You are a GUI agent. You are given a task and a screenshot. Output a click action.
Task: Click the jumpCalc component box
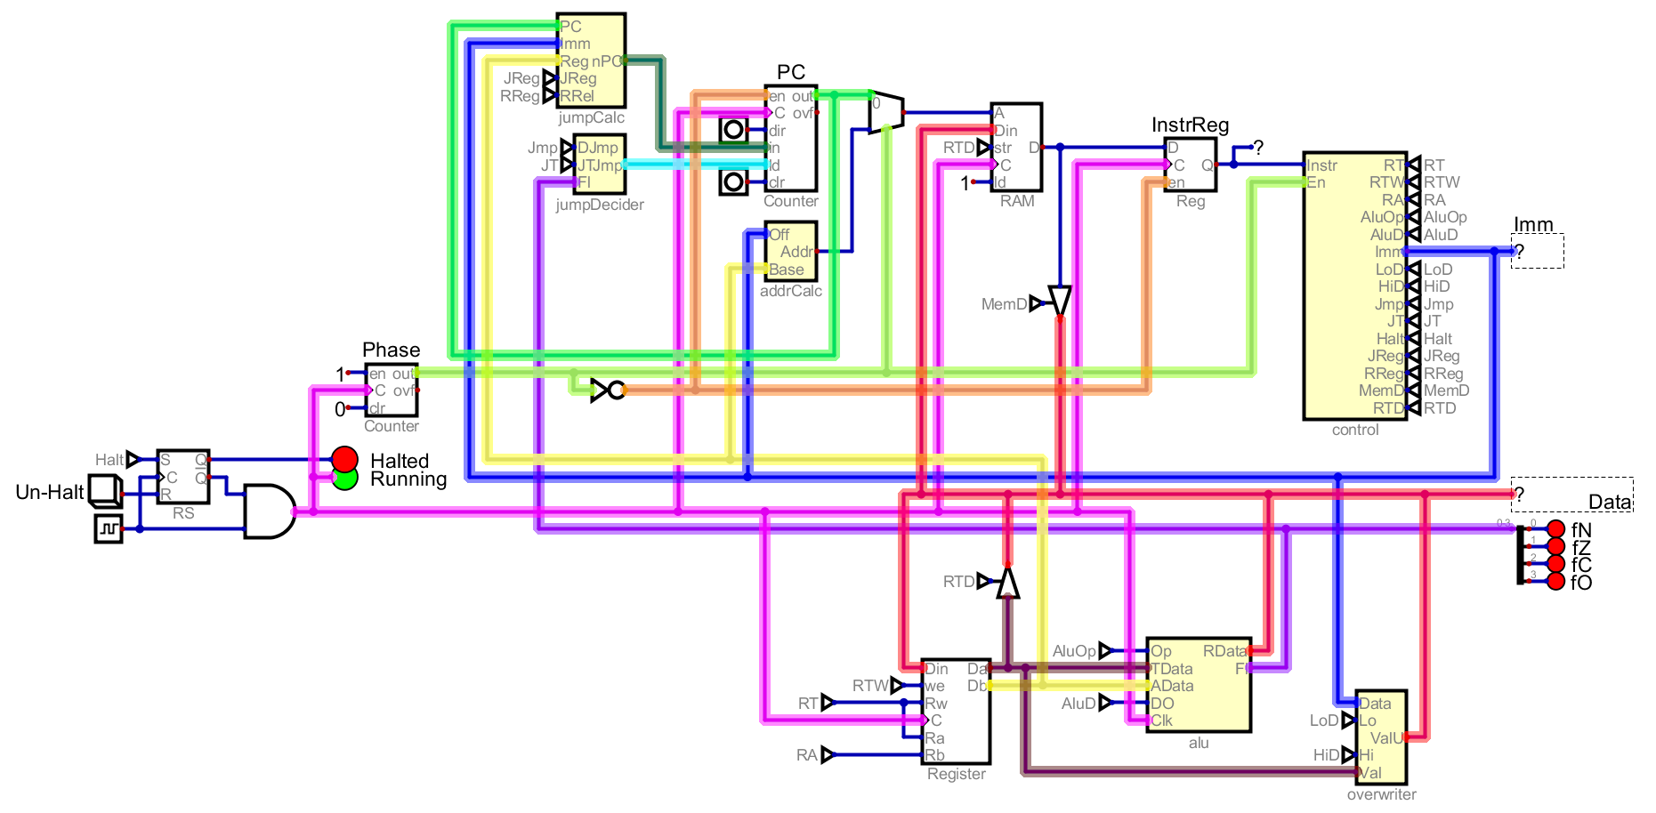[x=591, y=60]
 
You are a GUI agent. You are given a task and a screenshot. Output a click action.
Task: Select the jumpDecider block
[x=600, y=164]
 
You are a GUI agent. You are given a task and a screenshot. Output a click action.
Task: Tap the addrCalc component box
[x=790, y=252]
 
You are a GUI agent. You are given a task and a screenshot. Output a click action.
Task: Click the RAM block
[x=1016, y=147]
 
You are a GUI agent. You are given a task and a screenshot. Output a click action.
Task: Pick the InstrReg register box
[x=1190, y=165]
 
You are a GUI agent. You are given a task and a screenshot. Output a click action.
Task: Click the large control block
[x=1354, y=286]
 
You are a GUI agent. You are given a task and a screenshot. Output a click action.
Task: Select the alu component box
[x=1199, y=685]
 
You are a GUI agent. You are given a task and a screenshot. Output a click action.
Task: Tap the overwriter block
[x=1381, y=737]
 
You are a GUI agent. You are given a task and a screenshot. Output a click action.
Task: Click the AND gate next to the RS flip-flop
[x=268, y=511]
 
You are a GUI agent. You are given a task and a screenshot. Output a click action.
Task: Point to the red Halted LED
[x=344, y=460]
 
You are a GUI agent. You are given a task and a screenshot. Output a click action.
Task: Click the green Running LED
[x=344, y=479]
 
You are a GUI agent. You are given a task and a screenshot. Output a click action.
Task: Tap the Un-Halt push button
[x=105, y=491]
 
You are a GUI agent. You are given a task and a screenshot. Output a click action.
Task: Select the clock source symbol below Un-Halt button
[x=109, y=529]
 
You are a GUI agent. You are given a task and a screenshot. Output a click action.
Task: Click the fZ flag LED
[x=1555, y=546]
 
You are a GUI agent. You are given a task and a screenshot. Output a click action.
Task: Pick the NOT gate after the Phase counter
[x=609, y=390]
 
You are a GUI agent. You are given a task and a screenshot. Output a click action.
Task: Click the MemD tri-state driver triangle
[x=1060, y=300]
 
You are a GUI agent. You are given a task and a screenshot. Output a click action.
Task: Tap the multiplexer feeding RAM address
[x=886, y=112]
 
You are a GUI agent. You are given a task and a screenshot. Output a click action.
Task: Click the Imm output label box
[x=1537, y=251]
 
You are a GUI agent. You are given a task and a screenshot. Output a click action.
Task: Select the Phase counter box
[x=392, y=390]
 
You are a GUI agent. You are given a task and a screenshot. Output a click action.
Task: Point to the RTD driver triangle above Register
[x=1007, y=584]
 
